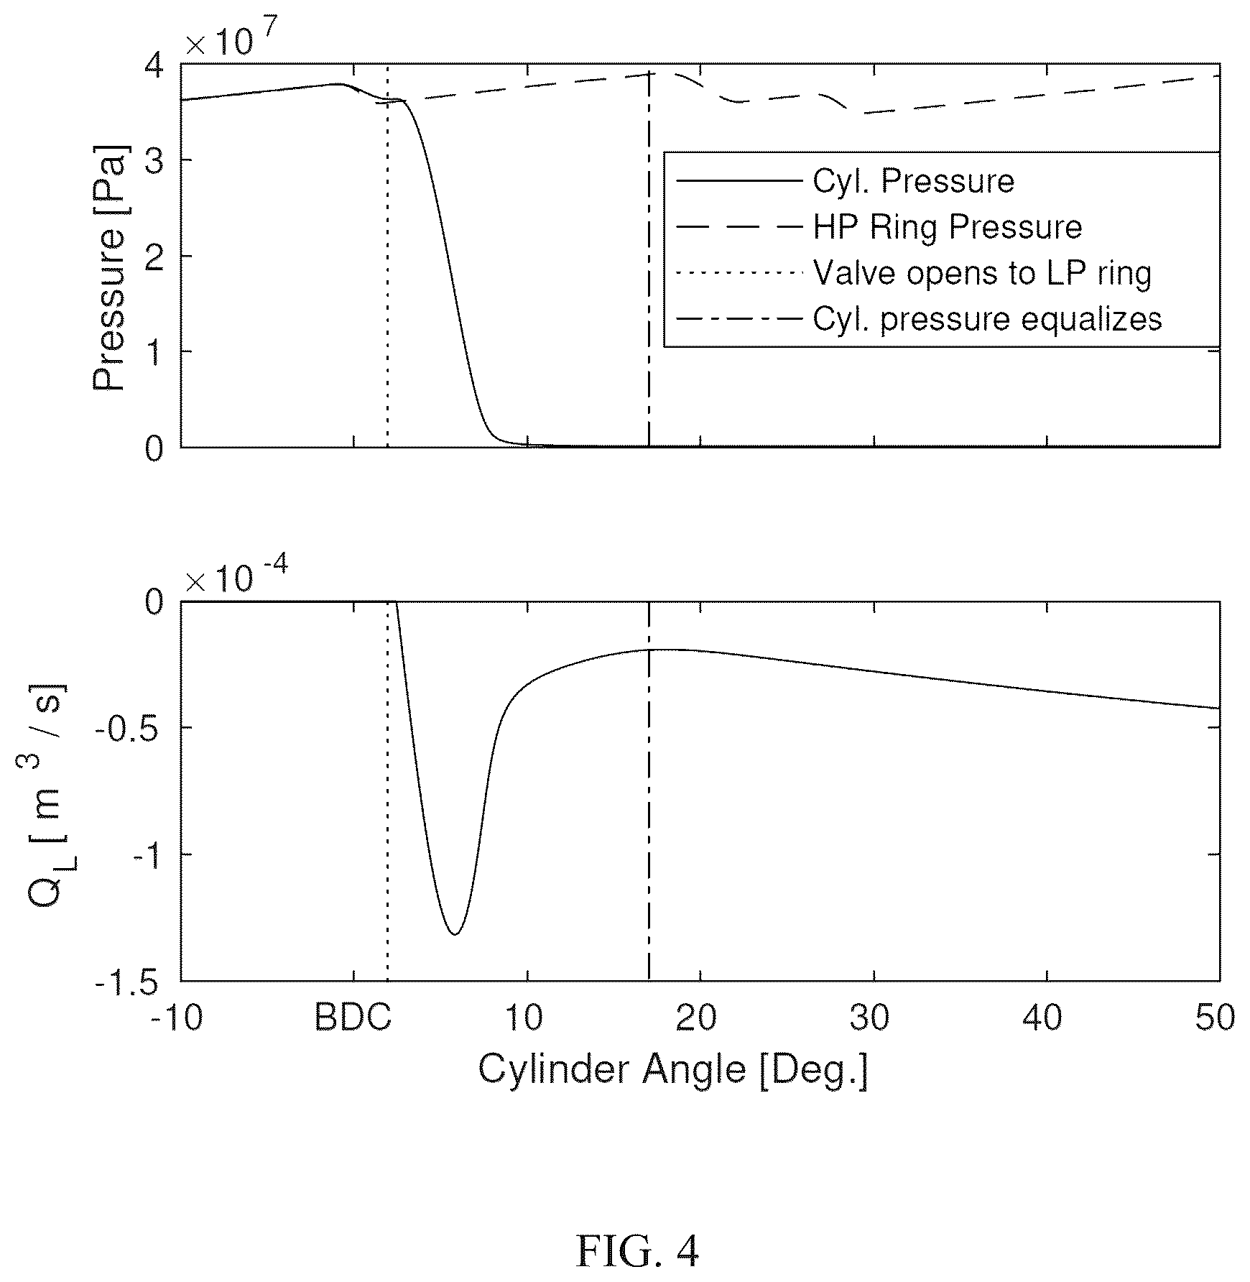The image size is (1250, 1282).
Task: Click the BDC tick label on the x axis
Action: coord(353,1018)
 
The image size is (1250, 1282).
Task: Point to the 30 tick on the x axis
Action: coord(874,1018)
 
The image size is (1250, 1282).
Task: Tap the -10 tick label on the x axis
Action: coord(177,1018)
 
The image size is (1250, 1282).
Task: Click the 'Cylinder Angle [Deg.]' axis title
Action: coord(673,1070)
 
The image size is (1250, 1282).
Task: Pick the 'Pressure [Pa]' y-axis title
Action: coord(109,269)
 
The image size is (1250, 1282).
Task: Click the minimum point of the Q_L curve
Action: coord(455,934)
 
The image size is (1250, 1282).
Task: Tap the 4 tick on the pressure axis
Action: coord(155,65)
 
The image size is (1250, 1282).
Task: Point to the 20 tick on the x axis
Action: coord(700,1018)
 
